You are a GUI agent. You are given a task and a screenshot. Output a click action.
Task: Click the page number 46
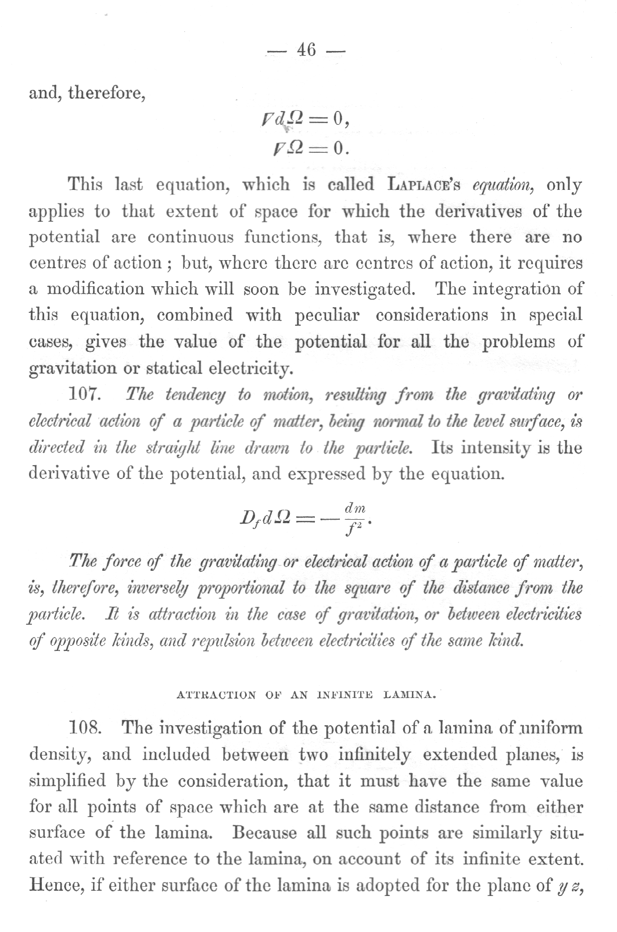(x=306, y=51)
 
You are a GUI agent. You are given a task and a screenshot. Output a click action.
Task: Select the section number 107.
(x=85, y=395)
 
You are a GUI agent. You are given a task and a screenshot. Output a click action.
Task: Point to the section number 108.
(x=85, y=728)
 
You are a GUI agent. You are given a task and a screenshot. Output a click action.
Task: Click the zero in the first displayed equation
(x=340, y=120)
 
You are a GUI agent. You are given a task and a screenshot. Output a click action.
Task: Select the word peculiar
(x=327, y=315)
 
